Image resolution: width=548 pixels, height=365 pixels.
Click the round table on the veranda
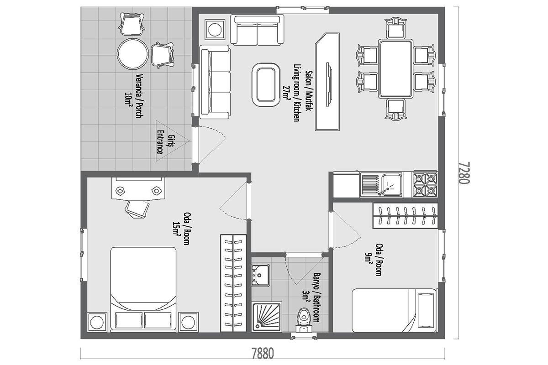click(x=132, y=54)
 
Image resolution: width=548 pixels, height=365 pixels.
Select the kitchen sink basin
click(x=392, y=184)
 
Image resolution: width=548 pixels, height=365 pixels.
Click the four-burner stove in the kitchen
click(x=425, y=184)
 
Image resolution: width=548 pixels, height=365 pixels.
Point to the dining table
click(x=396, y=69)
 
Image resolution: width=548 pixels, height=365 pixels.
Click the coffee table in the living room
click(x=266, y=84)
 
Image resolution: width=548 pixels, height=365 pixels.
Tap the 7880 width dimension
click(x=263, y=354)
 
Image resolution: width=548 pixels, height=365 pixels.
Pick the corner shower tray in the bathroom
click(x=267, y=317)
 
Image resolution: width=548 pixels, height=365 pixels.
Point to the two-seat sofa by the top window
click(x=257, y=30)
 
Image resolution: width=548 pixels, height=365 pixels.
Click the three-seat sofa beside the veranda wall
click(x=215, y=82)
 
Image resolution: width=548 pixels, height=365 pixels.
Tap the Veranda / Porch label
click(x=134, y=96)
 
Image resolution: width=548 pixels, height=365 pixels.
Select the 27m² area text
click(x=286, y=92)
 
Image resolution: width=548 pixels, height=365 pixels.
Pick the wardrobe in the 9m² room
click(x=406, y=216)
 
